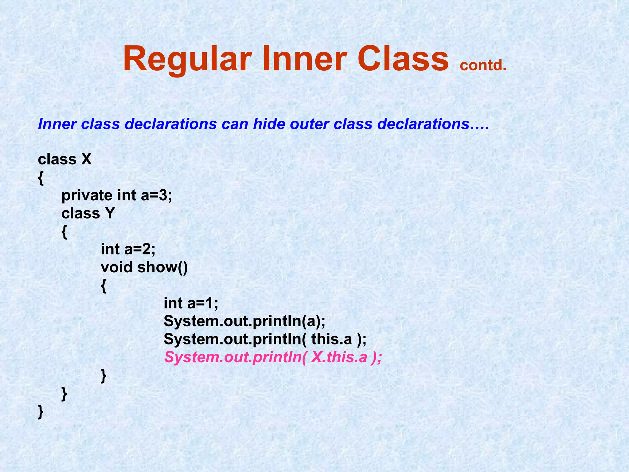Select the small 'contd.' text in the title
click(x=483, y=65)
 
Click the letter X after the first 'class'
click(x=86, y=159)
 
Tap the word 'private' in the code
click(x=87, y=195)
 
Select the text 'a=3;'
click(x=156, y=195)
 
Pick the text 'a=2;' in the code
click(x=140, y=249)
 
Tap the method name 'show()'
click(x=162, y=267)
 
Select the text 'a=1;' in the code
click(x=203, y=303)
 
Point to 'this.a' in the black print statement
click(x=332, y=339)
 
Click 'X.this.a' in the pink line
click(x=339, y=357)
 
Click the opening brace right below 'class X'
click(x=41, y=178)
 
